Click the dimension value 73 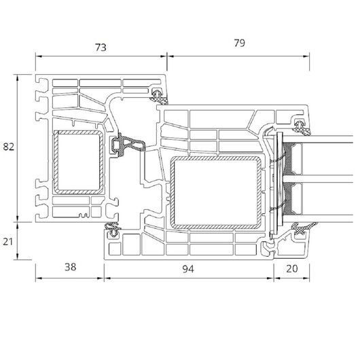[x=101, y=48]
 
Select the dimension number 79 [x=240, y=43]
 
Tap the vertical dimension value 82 [x=9, y=147]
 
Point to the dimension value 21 [x=7, y=242]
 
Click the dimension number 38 [x=70, y=267]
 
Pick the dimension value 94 [x=188, y=269]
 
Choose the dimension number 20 [x=292, y=268]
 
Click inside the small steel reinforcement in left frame [x=79, y=162]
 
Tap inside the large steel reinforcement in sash [x=216, y=193]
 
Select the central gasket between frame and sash [x=128, y=145]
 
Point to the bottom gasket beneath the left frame [x=113, y=230]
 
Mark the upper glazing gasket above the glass [x=301, y=127]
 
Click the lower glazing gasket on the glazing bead [x=302, y=229]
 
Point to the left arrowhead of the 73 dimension [x=38, y=56]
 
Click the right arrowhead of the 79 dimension [x=306, y=56]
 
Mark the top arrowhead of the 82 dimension [x=18, y=77]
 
